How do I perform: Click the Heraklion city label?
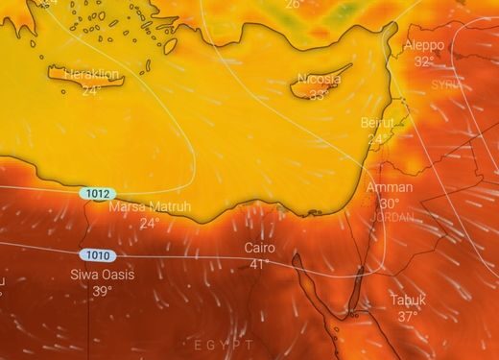pyautogui.click(x=91, y=75)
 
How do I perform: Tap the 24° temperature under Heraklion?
pyautogui.click(x=91, y=90)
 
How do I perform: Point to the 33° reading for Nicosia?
pyautogui.click(x=319, y=95)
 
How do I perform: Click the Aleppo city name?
pyautogui.click(x=424, y=45)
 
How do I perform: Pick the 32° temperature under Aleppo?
pyautogui.click(x=424, y=61)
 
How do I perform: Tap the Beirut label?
pyautogui.click(x=377, y=123)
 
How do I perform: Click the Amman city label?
pyautogui.click(x=390, y=187)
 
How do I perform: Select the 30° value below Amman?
pyautogui.click(x=390, y=204)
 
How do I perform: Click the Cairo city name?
pyautogui.click(x=259, y=248)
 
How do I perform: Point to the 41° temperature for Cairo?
pyautogui.click(x=259, y=264)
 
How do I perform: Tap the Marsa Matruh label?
pyautogui.click(x=149, y=207)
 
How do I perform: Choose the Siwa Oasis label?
pyautogui.click(x=103, y=275)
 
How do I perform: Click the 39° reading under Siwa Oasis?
pyautogui.click(x=103, y=291)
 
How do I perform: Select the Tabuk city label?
pyautogui.click(x=408, y=300)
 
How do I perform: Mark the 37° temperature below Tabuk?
pyautogui.click(x=408, y=317)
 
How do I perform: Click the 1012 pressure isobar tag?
pyautogui.click(x=96, y=193)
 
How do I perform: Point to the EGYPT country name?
pyautogui.click(x=223, y=344)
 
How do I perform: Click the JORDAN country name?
pyautogui.click(x=392, y=217)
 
